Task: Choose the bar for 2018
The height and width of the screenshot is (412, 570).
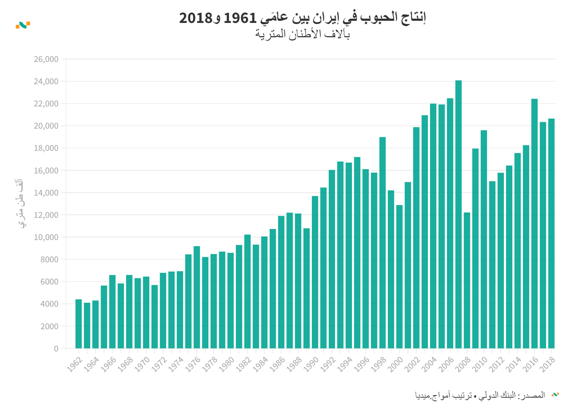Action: (551, 233)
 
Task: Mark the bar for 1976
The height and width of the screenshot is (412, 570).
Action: (197, 297)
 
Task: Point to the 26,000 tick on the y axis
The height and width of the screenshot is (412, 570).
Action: (46, 59)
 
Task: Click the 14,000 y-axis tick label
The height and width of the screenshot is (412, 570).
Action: (46, 193)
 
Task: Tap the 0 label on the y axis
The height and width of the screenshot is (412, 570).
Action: (56, 349)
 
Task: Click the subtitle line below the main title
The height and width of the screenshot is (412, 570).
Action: (302, 34)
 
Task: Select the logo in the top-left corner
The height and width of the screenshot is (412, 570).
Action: (23, 25)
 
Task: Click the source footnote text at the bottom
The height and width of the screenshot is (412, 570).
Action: (480, 395)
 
